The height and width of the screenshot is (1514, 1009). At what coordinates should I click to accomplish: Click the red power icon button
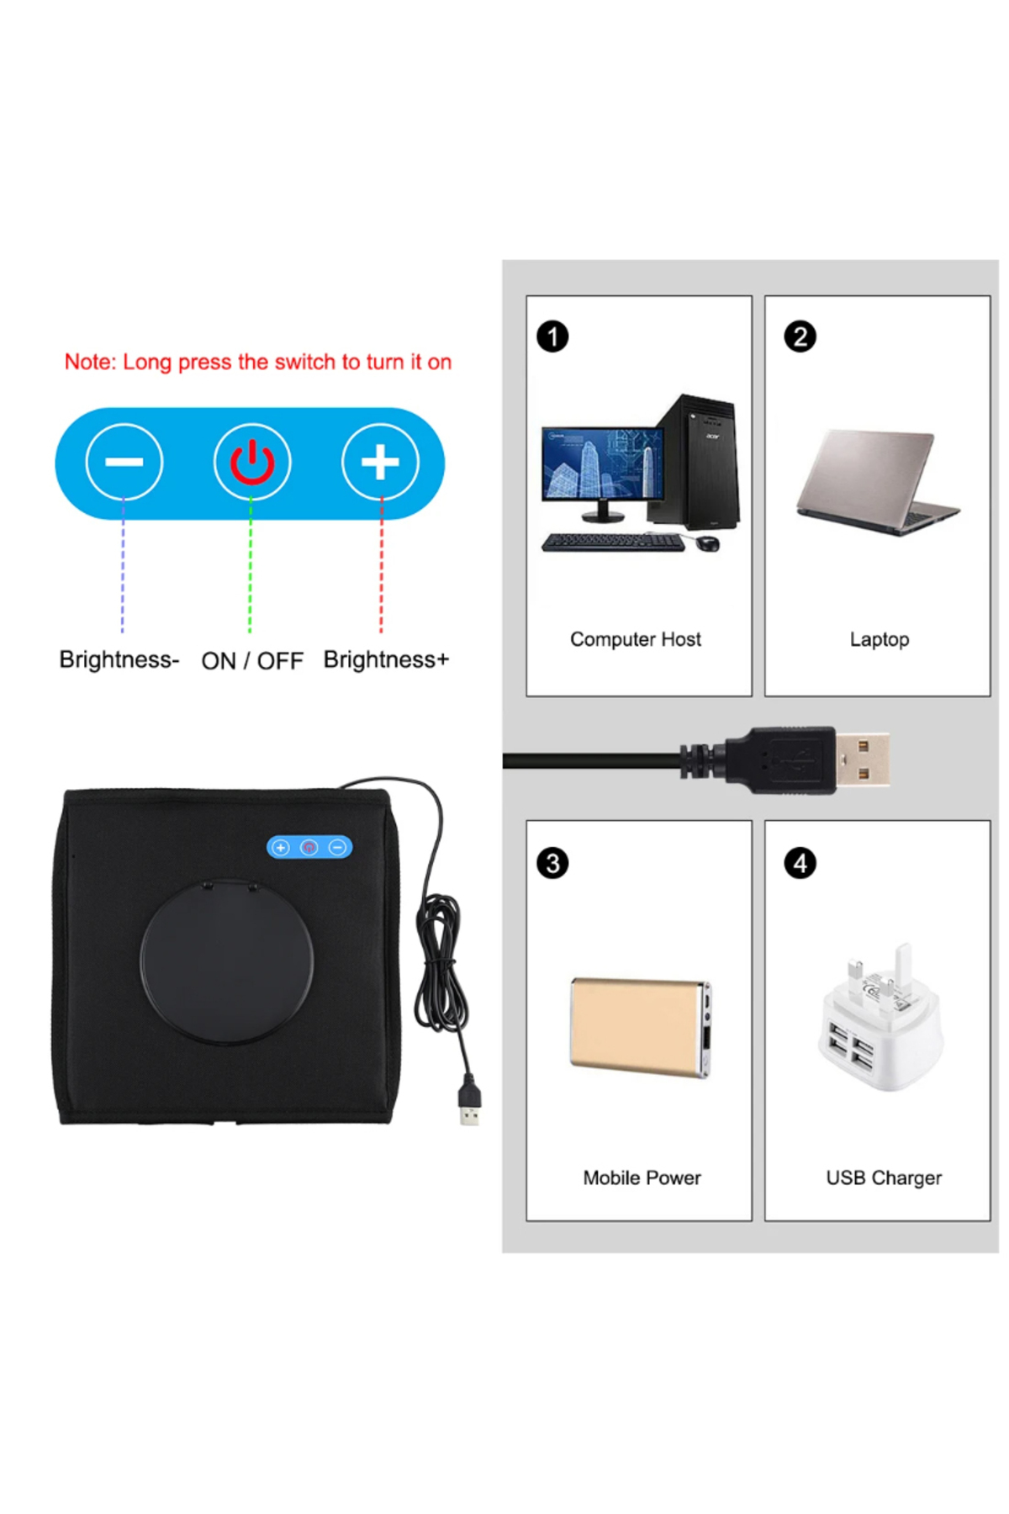[252, 462]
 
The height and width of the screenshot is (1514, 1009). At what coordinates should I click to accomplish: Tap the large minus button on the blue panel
[124, 462]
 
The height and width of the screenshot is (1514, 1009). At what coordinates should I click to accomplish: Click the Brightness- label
[119, 659]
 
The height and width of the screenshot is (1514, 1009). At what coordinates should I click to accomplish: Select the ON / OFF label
[252, 661]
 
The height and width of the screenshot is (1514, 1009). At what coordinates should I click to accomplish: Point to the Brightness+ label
[386, 659]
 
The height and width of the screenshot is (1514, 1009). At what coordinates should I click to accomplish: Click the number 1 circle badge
[552, 336]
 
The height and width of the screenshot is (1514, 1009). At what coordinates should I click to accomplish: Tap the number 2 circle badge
[800, 336]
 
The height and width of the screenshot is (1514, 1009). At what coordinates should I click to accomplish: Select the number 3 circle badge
[552, 863]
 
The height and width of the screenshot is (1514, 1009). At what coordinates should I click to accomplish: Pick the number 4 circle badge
[800, 863]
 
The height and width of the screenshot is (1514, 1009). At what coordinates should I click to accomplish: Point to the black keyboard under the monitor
[613, 543]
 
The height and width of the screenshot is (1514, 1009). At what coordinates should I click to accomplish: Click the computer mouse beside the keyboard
[708, 543]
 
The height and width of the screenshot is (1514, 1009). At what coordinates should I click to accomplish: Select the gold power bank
[641, 1027]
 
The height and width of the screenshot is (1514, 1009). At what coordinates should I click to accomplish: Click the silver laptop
[877, 482]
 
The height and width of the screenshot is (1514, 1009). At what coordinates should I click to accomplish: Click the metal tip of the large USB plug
[862, 760]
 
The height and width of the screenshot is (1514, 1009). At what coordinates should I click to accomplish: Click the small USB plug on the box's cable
[469, 1101]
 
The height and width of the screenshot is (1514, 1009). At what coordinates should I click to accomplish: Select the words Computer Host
[636, 639]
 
